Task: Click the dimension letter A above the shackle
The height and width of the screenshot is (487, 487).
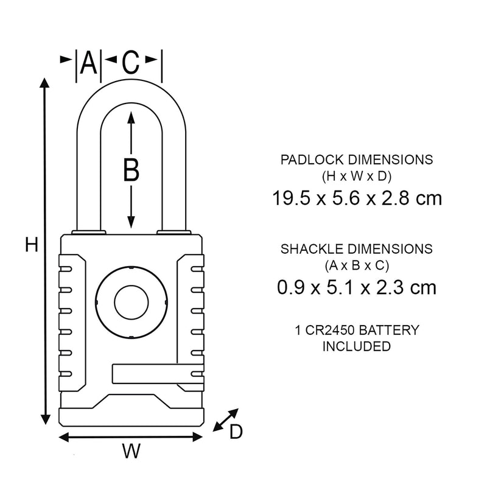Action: click(x=88, y=62)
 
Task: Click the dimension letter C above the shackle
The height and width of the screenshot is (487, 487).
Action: click(x=131, y=62)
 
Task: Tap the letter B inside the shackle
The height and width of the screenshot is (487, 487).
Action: click(x=131, y=170)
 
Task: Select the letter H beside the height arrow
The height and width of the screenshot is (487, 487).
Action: click(x=32, y=245)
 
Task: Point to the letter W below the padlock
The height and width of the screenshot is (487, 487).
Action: click(x=131, y=452)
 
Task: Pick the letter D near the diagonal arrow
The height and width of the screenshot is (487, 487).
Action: click(x=236, y=432)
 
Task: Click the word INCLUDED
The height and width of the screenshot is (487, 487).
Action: click(x=356, y=346)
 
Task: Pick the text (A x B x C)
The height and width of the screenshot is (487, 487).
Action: click(x=356, y=265)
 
